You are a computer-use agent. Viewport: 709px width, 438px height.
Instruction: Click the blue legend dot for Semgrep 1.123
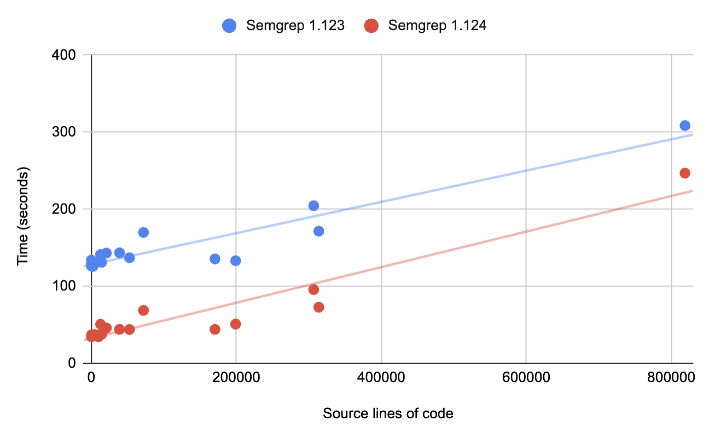(x=229, y=26)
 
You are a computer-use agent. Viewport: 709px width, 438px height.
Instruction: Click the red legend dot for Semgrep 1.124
(x=372, y=26)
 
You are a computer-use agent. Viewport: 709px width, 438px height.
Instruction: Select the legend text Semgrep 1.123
(x=295, y=26)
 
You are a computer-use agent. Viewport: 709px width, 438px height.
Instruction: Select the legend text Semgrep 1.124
(x=437, y=26)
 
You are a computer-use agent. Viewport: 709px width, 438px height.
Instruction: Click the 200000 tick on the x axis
(x=236, y=377)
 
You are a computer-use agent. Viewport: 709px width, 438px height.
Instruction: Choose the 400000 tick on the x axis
(x=381, y=377)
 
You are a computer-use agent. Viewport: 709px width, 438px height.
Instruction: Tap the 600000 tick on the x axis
(x=526, y=377)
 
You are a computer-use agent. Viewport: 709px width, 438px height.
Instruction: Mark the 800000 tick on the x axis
(x=671, y=377)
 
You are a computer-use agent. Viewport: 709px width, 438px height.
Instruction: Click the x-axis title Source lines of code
(x=388, y=413)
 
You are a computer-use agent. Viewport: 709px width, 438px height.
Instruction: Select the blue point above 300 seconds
(x=684, y=125)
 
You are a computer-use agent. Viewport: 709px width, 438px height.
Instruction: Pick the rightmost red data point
(x=684, y=173)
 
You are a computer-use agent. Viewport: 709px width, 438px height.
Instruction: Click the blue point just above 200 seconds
(x=313, y=206)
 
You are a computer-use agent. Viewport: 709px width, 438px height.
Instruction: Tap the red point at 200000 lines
(x=236, y=324)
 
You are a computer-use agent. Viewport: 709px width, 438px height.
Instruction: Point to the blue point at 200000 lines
(x=236, y=261)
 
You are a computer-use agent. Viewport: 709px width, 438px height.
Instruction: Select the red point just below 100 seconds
(x=313, y=290)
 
